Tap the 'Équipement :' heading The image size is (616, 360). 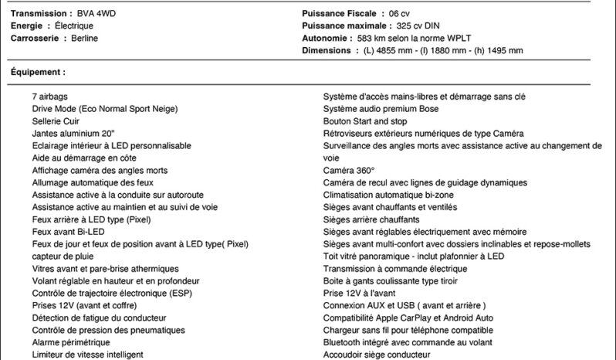(x=38, y=72)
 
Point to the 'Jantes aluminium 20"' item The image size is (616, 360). (x=73, y=134)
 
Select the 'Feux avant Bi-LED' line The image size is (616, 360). (x=68, y=232)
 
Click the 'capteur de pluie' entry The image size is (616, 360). (x=63, y=256)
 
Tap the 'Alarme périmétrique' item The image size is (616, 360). (x=70, y=342)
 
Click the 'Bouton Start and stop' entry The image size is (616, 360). (x=365, y=121)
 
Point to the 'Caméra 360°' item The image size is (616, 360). (x=349, y=170)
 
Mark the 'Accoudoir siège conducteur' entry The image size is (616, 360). (x=377, y=355)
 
